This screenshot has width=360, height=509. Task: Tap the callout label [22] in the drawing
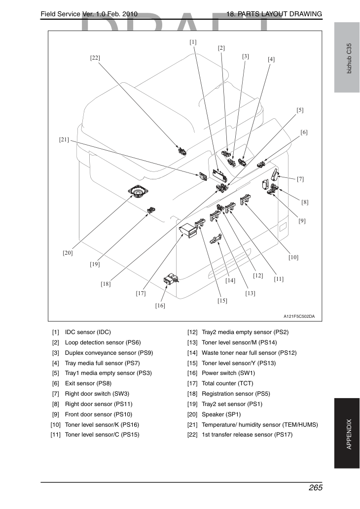[95, 58]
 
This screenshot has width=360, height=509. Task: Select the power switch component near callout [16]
[171, 279]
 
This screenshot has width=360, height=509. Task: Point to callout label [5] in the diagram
[300, 110]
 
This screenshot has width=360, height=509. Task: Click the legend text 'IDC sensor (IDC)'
[88, 332]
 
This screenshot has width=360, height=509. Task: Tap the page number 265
[316, 488]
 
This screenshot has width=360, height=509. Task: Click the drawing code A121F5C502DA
[299, 316]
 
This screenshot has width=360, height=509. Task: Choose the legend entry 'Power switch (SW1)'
[228, 373]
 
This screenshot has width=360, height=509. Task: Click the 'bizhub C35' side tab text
[349, 59]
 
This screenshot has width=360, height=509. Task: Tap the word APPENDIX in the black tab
[349, 434]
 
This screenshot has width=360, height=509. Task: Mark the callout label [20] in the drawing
[68, 253]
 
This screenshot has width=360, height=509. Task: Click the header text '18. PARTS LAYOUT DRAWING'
[274, 14]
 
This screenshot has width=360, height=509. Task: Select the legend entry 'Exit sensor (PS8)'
[88, 383]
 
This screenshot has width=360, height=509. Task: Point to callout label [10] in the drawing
[293, 257]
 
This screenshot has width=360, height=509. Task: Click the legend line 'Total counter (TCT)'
[227, 383]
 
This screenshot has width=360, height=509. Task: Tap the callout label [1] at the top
[193, 42]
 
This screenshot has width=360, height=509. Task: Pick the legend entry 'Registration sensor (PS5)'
[236, 394]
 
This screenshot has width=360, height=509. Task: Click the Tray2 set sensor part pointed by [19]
[151, 210]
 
